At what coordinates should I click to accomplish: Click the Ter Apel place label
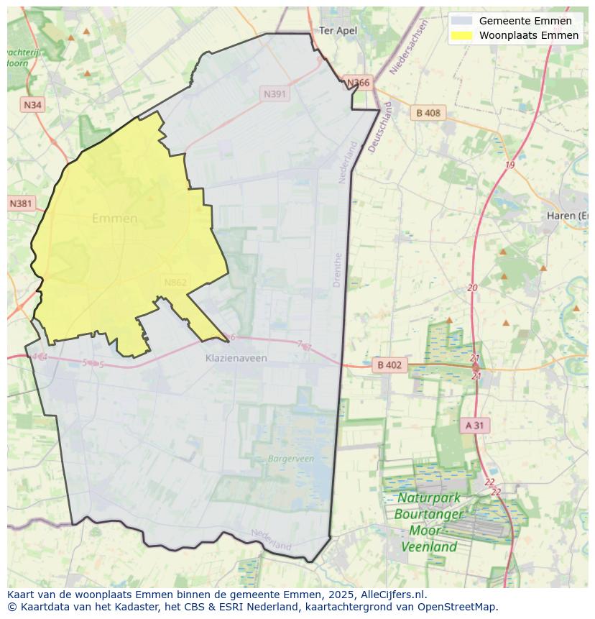coord(338,30)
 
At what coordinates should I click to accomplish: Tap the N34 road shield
coord(32,105)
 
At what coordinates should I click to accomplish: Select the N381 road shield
coord(21,203)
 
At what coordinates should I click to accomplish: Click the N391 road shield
coord(275,94)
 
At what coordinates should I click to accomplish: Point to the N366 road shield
coord(357,83)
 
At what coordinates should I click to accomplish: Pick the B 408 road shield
coord(428,113)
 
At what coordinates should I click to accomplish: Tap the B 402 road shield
coord(389,365)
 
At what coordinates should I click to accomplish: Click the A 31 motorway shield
coord(474,426)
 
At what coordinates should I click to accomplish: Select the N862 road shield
coord(175,283)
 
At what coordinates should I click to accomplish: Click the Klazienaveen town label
coord(236,358)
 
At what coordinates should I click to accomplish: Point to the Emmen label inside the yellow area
coord(115,219)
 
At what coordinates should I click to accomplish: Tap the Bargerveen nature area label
coord(291,458)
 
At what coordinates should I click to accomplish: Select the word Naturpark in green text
coord(429,498)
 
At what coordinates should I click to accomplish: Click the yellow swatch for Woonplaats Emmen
coord(461,35)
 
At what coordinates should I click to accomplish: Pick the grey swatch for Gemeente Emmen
coord(461,21)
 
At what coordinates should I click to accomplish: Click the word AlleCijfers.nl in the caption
coord(393,595)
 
